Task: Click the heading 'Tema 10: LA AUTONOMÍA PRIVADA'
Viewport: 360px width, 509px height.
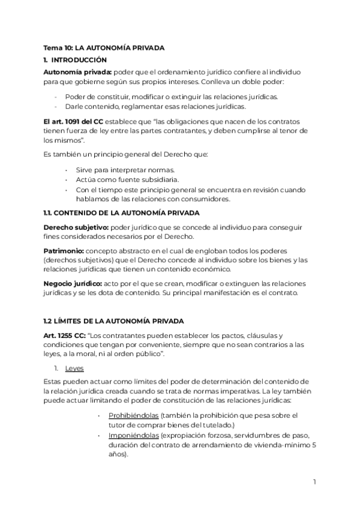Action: (x=104, y=47)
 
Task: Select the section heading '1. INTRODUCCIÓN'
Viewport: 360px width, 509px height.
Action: (x=75, y=60)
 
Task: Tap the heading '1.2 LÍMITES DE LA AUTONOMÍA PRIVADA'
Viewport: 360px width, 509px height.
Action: (x=113, y=322)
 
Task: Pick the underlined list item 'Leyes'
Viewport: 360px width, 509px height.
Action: (x=74, y=369)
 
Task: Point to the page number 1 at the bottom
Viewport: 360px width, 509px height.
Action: (x=314, y=482)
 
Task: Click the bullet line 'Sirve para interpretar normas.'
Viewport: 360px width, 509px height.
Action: (x=125, y=170)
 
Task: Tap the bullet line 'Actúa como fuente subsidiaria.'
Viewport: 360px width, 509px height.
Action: (x=127, y=180)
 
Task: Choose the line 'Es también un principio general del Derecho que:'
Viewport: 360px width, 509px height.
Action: (x=125, y=154)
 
